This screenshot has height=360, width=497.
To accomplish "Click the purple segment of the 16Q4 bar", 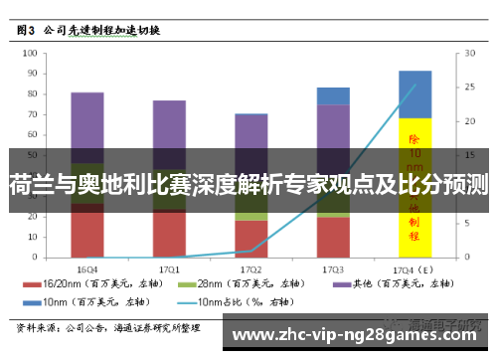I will [x=87, y=124].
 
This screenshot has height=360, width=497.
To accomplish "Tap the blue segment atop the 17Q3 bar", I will [x=333, y=95].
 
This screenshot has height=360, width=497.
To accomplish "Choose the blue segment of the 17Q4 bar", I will [x=414, y=93].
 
